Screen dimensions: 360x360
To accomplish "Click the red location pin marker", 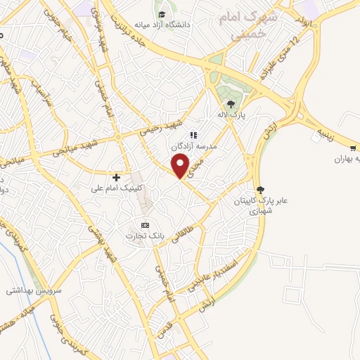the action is pos(181,166).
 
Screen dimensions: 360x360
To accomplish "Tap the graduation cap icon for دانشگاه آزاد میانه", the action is pos(162,14).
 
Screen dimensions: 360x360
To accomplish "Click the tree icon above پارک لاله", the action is pos(231,105).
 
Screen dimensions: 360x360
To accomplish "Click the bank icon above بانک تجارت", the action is pos(146,224).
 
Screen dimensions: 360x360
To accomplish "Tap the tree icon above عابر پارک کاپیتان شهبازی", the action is pos(261,189).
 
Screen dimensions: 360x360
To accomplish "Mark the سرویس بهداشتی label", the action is pos(34,290).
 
